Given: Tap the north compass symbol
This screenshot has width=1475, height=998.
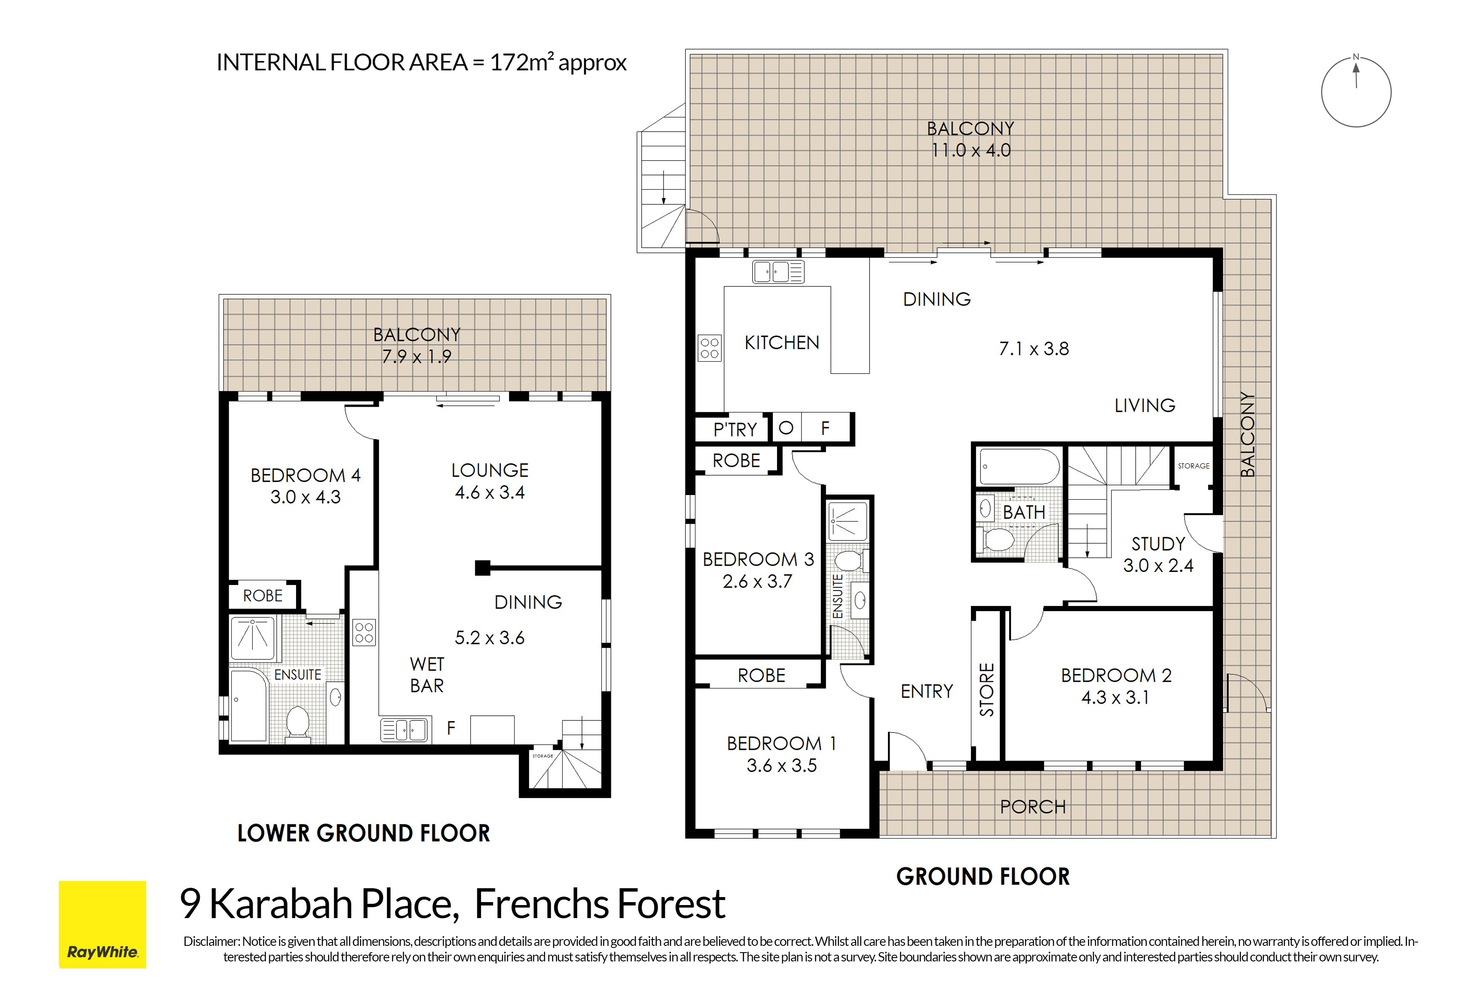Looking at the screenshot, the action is pyautogui.click(x=1356, y=91).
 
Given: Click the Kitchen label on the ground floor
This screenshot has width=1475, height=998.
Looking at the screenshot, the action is pyautogui.click(x=782, y=343).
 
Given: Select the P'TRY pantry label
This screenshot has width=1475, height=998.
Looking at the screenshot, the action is pyautogui.click(x=735, y=430).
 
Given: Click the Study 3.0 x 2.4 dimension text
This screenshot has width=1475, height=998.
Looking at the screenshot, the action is pyautogui.click(x=1158, y=566).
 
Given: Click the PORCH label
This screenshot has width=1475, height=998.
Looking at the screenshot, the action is pyautogui.click(x=1033, y=807).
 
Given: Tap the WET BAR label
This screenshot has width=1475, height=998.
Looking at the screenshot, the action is pyautogui.click(x=427, y=675).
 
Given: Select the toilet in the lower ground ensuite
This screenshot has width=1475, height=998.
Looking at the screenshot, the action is pyautogui.click(x=298, y=724).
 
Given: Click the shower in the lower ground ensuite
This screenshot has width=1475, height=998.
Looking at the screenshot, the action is pyautogui.click(x=253, y=638).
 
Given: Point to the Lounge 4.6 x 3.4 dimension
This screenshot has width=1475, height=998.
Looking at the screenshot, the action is pyautogui.click(x=490, y=492).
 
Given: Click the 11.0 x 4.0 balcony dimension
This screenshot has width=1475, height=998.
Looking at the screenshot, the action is pyautogui.click(x=971, y=151).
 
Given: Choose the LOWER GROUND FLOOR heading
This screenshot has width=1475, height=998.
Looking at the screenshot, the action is pyautogui.click(x=364, y=834).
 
